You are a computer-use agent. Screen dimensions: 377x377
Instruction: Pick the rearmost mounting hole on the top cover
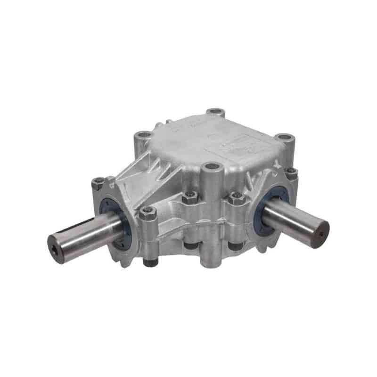[x=216, y=112]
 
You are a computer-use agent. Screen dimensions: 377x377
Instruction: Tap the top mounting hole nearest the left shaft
[x=142, y=136]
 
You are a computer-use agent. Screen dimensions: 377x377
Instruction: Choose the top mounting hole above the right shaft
[x=285, y=138]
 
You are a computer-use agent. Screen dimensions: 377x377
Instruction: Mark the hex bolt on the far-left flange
[x=98, y=182]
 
